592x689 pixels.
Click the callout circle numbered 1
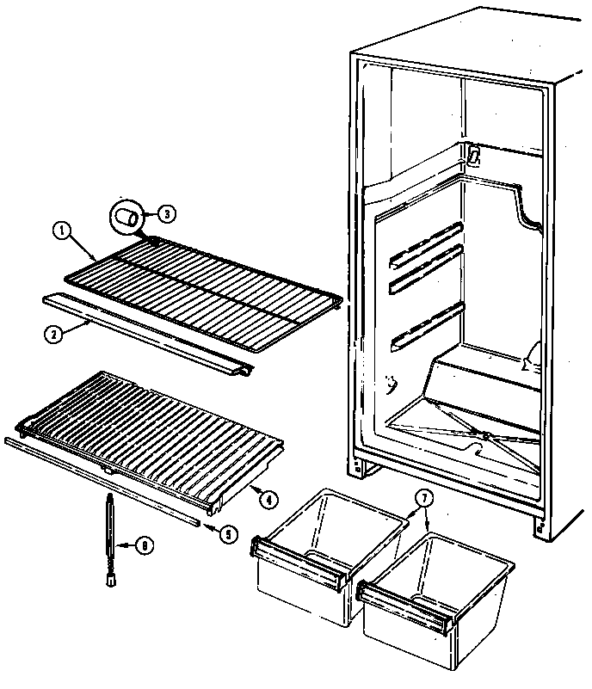(x=61, y=230)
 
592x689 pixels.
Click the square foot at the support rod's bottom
(x=109, y=583)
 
